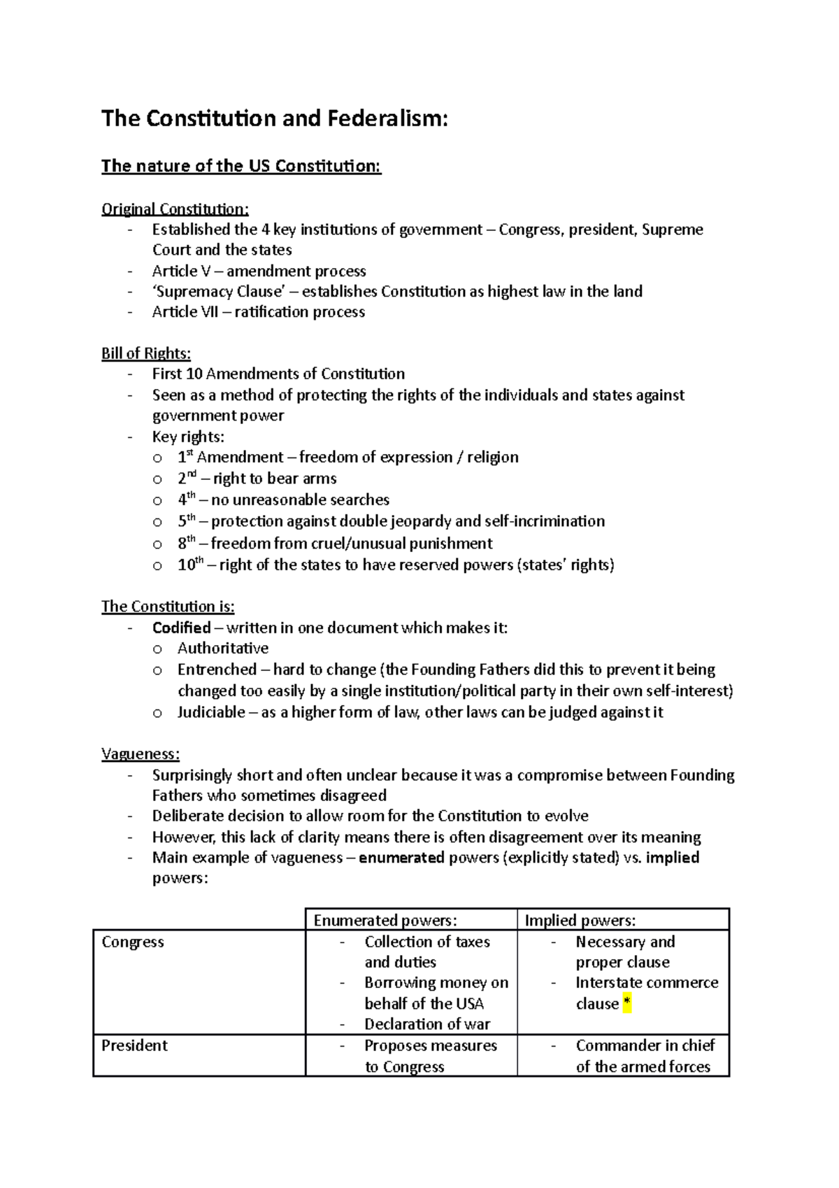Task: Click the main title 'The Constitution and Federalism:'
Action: pyautogui.click(x=274, y=118)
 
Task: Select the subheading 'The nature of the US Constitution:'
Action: pyautogui.click(x=241, y=166)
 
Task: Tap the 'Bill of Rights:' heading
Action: pyautogui.click(x=145, y=353)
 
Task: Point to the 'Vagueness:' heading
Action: pyautogui.click(x=140, y=754)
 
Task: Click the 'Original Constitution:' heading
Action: pyautogui.click(x=175, y=208)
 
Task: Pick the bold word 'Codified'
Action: pyautogui.click(x=181, y=628)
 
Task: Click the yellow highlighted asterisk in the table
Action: pyautogui.click(x=627, y=1004)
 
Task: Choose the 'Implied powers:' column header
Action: pyautogui.click(x=580, y=920)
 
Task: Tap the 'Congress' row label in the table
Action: pyautogui.click(x=133, y=942)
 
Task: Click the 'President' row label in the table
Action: pyautogui.click(x=134, y=1045)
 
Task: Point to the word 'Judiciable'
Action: pyautogui.click(x=211, y=712)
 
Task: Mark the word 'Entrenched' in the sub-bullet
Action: pyautogui.click(x=217, y=670)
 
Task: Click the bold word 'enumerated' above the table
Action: pyautogui.click(x=401, y=858)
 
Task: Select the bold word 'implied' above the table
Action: pyautogui.click(x=673, y=858)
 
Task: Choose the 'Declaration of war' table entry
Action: pyautogui.click(x=427, y=1024)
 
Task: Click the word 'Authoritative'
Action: pyautogui.click(x=222, y=649)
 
